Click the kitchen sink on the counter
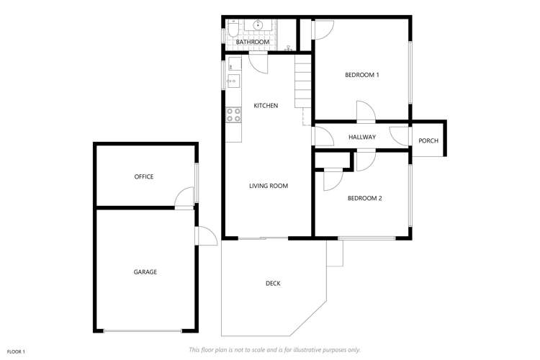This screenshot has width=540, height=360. pos(232,81)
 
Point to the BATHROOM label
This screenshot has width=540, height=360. pos(253,42)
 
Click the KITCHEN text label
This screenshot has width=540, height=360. pos(266,106)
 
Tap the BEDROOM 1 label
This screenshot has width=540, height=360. pos(361,75)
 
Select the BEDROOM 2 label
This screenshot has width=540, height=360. pos(364,198)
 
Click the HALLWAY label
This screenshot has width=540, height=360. pos(362,137)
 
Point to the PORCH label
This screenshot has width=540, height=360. pos(428,140)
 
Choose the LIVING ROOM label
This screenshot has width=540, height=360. pos(269,186)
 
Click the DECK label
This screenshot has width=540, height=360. pos(273,283)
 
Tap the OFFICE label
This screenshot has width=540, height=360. pos(144,176)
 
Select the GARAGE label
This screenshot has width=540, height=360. pos(145,271)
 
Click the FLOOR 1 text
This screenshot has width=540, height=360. pos(16,351)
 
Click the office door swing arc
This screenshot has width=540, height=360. pos(185,197)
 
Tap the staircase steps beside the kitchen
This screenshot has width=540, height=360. pos(302,83)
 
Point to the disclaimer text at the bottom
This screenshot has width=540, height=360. pos(274,350)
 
